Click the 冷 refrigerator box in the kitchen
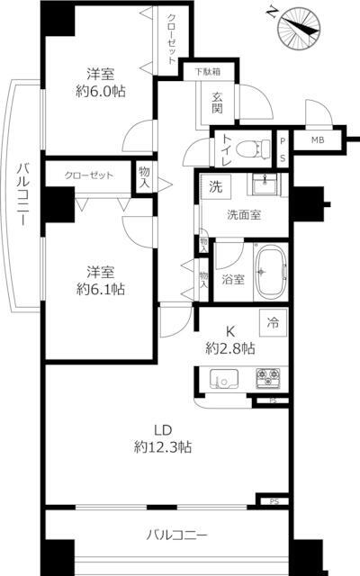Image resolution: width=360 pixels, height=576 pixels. pos(272,319)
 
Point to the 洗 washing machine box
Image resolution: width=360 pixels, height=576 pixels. pos(215,187)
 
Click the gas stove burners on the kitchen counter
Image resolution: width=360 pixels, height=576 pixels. pos(269,376)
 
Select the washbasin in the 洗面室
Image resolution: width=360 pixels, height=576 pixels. pos(264,186)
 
